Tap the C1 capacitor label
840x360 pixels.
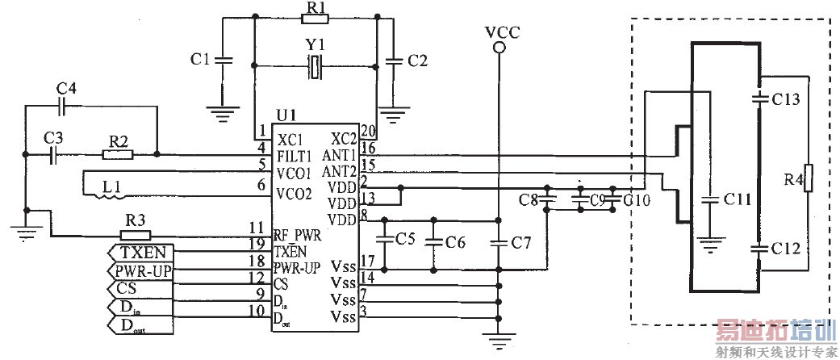point(200,59)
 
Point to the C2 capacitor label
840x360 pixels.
point(417,59)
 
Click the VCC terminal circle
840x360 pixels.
point(500,48)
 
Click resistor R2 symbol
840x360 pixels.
point(119,153)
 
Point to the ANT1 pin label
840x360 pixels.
point(340,154)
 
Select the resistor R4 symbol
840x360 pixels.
point(808,177)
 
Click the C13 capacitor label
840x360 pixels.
point(785,99)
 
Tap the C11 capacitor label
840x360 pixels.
point(732,199)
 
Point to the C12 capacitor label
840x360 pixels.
point(785,249)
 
